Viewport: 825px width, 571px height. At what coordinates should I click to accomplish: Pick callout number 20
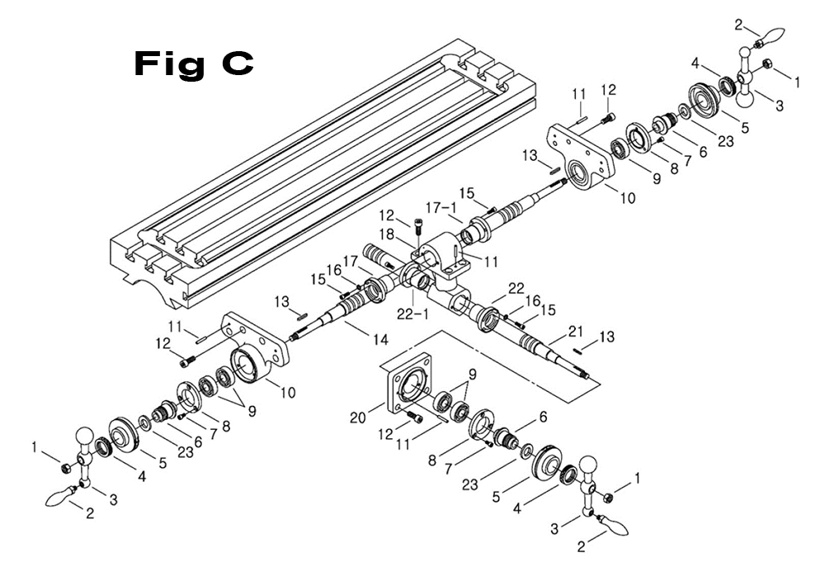click(x=359, y=418)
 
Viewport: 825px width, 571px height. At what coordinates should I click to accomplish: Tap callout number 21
click(x=575, y=331)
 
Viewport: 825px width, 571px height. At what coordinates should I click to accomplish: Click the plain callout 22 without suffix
click(x=516, y=288)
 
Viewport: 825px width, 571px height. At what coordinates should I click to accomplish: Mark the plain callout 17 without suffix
click(x=351, y=261)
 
